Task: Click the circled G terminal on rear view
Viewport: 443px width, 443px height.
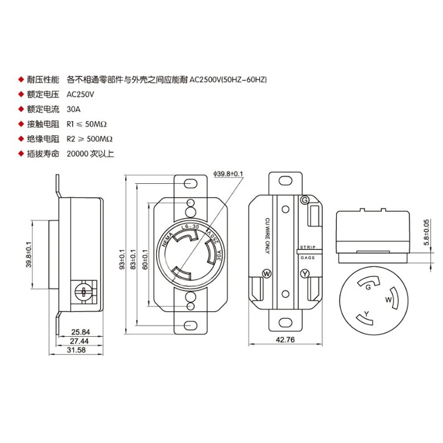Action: [303, 200]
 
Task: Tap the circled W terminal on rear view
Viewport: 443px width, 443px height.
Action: [266, 274]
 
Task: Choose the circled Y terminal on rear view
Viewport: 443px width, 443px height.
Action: [304, 274]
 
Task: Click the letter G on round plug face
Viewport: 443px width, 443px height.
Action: [367, 286]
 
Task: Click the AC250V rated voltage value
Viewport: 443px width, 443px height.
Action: [80, 94]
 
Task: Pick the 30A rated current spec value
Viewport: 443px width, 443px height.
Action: [74, 109]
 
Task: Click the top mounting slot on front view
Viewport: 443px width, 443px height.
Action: [190, 182]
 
